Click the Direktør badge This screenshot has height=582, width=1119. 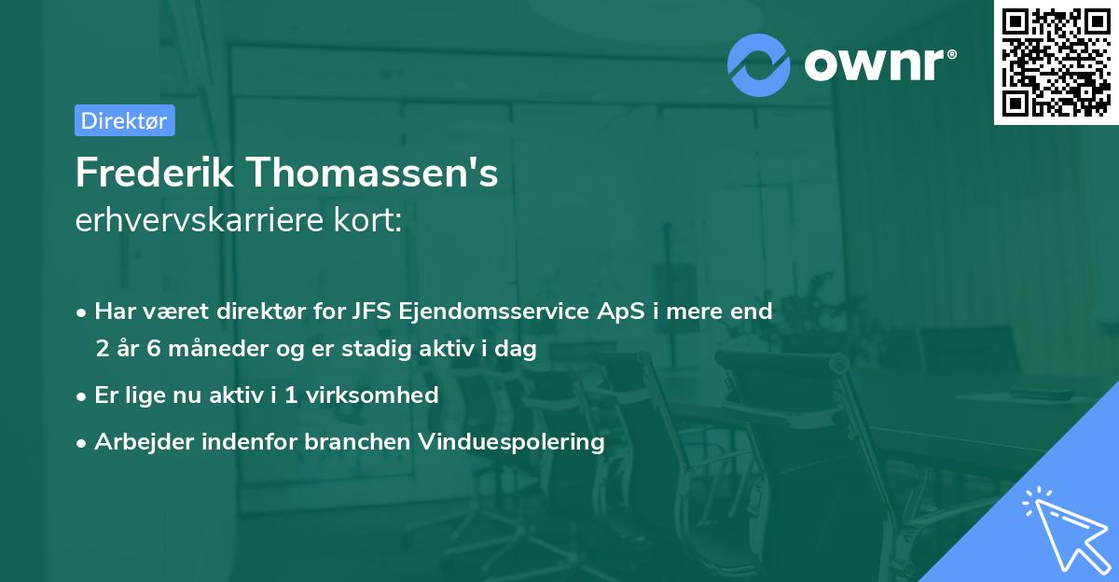click(x=124, y=120)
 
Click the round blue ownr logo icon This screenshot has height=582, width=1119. click(x=759, y=65)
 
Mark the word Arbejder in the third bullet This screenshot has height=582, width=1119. click(x=137, y=441)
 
